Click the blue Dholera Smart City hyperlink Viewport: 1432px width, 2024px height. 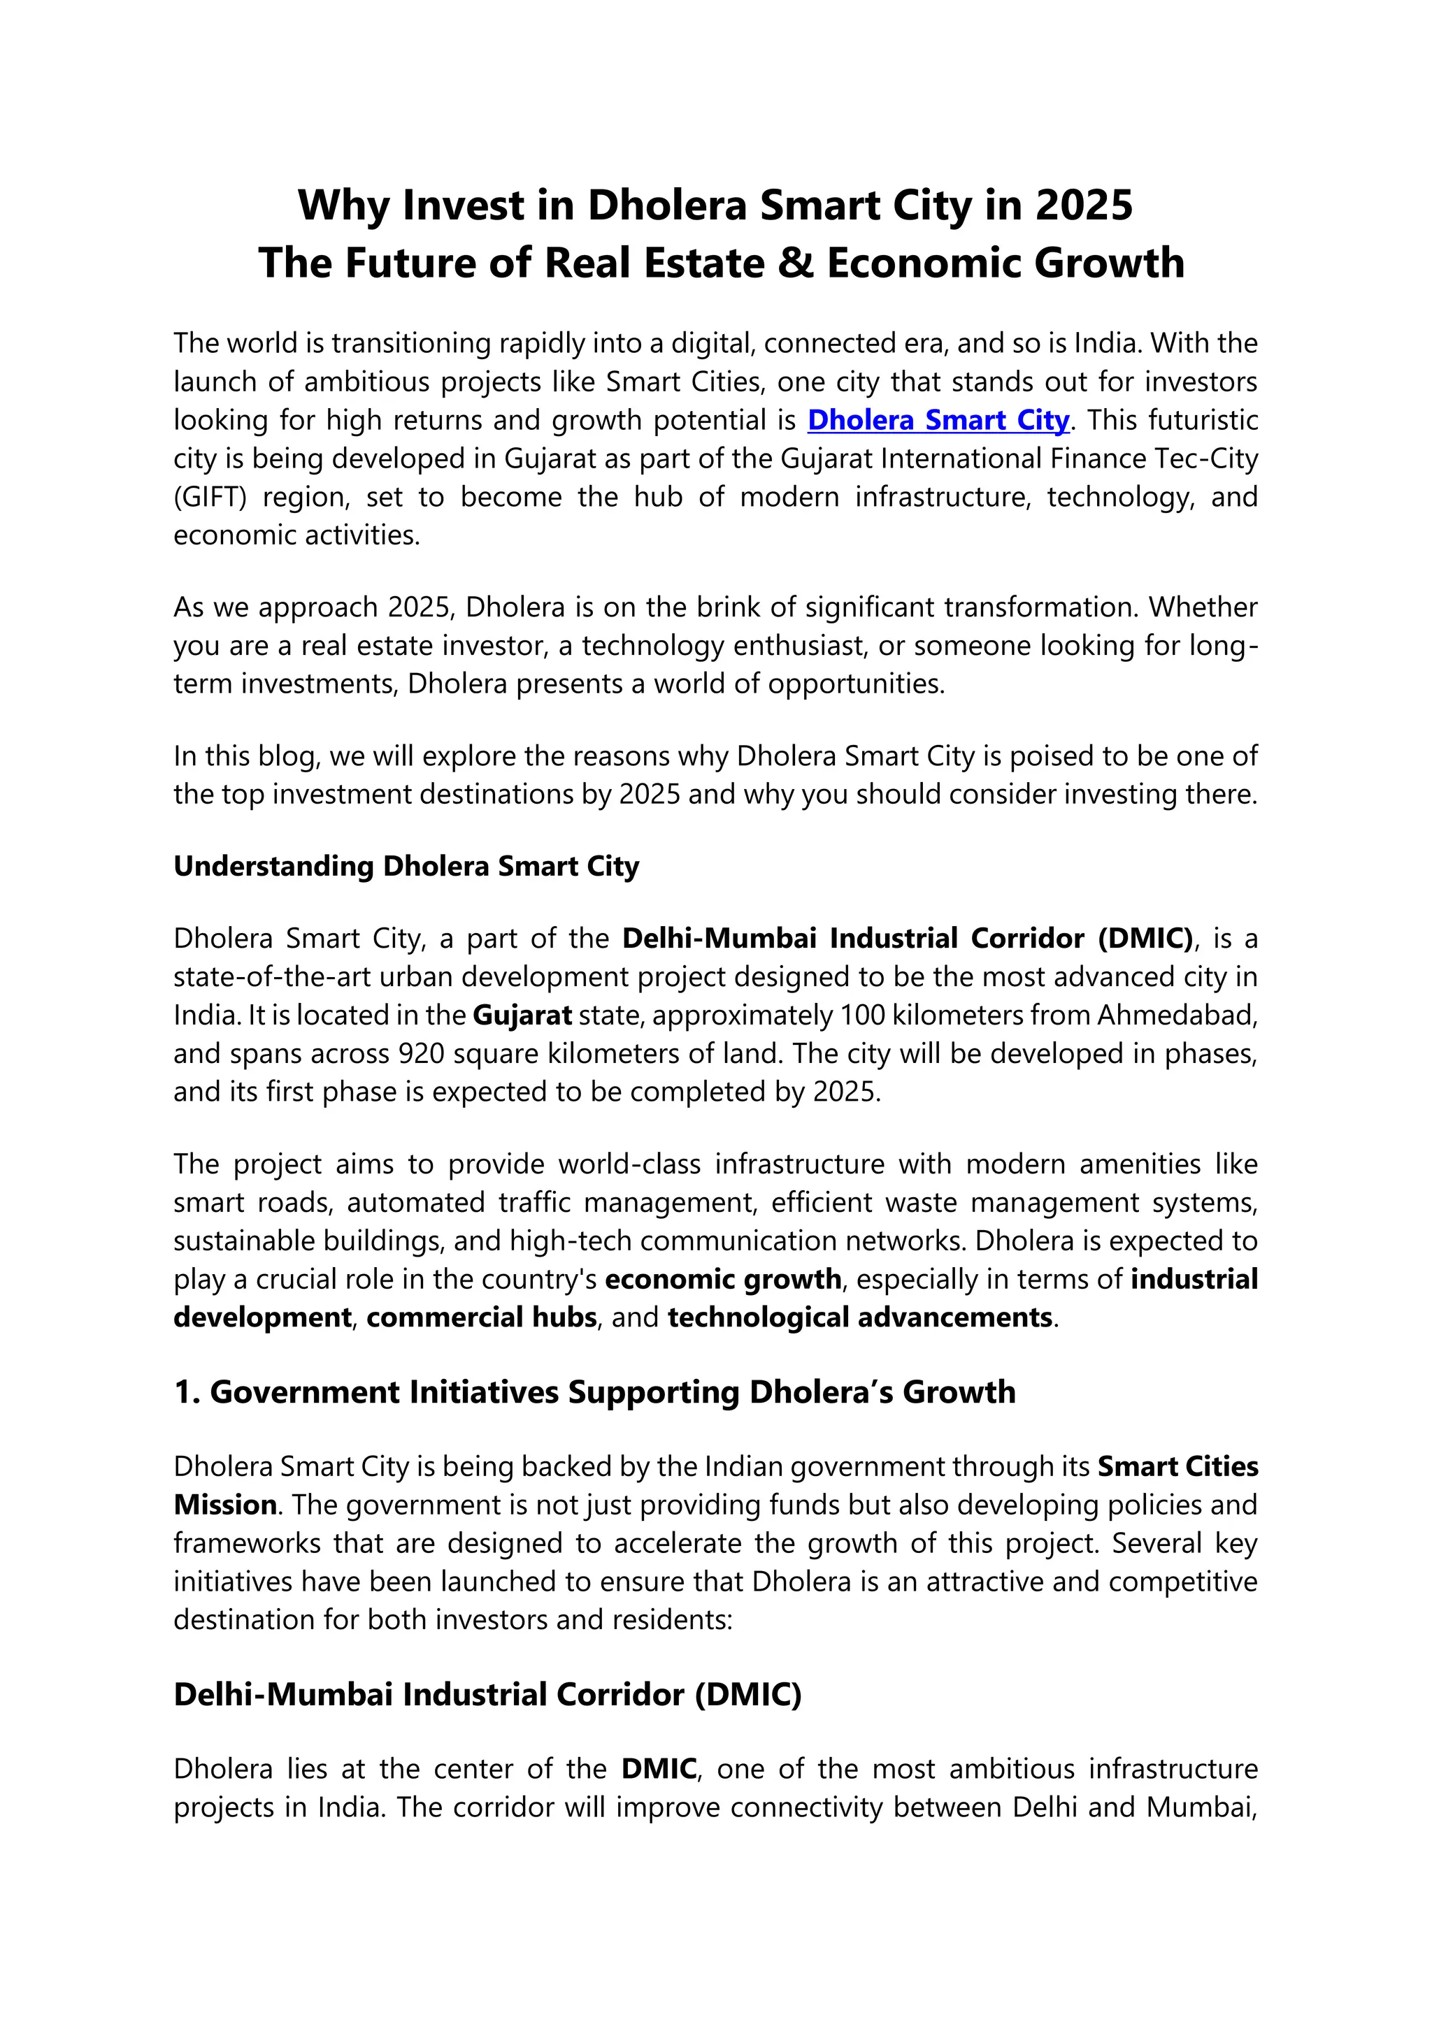point(938,421)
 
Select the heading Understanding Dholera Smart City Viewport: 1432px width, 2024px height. point(406,866)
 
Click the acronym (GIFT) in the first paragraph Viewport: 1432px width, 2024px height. point(208,497)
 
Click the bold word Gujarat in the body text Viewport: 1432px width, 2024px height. point(522,1015)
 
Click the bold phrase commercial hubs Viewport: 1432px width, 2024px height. point(482,1317)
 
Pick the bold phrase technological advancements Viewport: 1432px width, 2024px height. point(860,1317)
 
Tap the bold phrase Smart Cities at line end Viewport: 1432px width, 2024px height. point(1177,1467)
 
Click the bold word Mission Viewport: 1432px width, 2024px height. point(225,1505)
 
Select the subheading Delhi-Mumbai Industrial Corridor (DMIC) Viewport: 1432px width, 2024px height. point(487,1694)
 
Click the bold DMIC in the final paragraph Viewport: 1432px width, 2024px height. point(659,1769)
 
